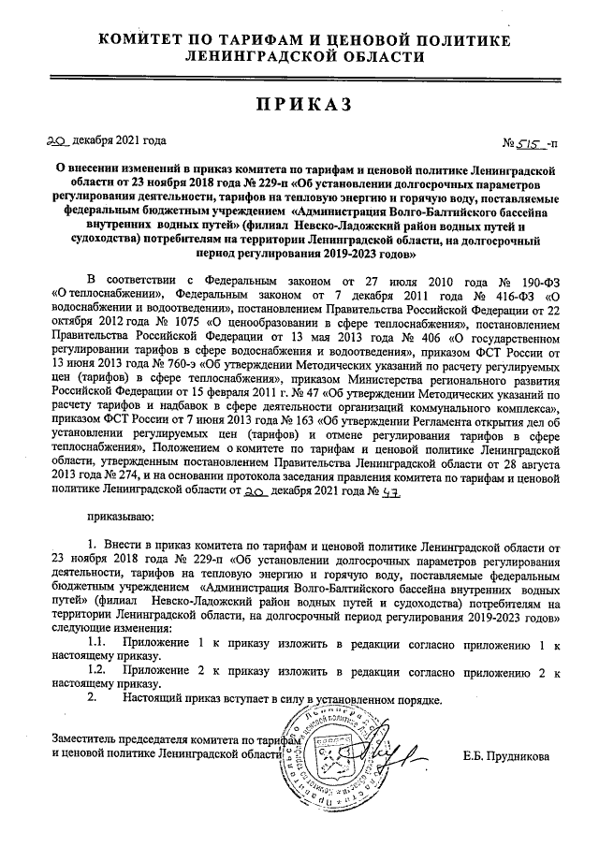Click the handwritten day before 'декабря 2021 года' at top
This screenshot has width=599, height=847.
pyautogui.click(x=59, y=140)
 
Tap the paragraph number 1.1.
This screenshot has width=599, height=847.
pyautogui.click(x=95, y=646)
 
